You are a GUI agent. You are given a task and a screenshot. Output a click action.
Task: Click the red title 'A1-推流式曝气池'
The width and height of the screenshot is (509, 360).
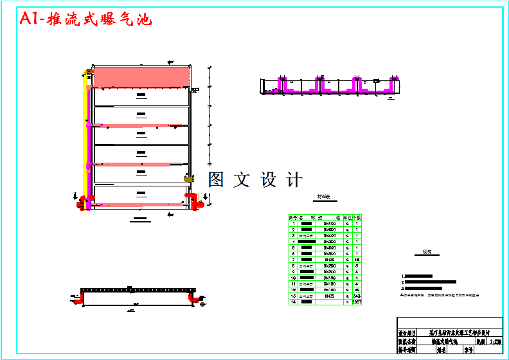[86, 19]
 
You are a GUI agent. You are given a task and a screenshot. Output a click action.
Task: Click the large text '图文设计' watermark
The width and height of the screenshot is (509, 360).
[254, 180]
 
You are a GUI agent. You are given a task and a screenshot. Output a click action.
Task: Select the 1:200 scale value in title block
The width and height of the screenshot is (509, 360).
[496, 343]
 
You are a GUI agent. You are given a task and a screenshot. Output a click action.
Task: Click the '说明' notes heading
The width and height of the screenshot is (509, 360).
[427, 253]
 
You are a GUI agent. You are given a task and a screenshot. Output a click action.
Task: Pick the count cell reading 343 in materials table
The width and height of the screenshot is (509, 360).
[357, 295]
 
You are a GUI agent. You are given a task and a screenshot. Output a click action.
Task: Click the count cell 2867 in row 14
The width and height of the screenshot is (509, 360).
[357, 301]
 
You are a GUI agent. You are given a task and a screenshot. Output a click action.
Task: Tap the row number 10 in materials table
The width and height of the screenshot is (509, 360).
[293, 278]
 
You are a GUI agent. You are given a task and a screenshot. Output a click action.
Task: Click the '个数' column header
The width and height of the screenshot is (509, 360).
[357, 217]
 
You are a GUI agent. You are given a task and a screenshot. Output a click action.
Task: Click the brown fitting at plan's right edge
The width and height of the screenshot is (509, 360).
[188, 178]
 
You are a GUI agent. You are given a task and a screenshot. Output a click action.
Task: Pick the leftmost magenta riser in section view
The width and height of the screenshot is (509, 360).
[281, 84]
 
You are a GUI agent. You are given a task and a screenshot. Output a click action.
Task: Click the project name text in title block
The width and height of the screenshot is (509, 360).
[459, 333]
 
